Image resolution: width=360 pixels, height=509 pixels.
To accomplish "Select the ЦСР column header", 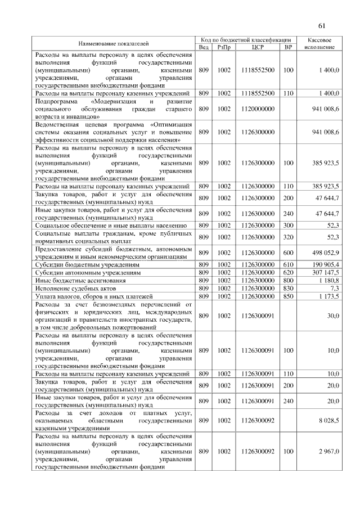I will (x=258, y=47).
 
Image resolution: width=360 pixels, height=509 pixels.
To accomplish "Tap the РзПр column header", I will (x=224, y=47).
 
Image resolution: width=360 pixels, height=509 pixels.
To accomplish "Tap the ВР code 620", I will (x=288, y=272).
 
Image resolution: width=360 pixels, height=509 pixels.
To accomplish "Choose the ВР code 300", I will (x=288, y=225).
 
